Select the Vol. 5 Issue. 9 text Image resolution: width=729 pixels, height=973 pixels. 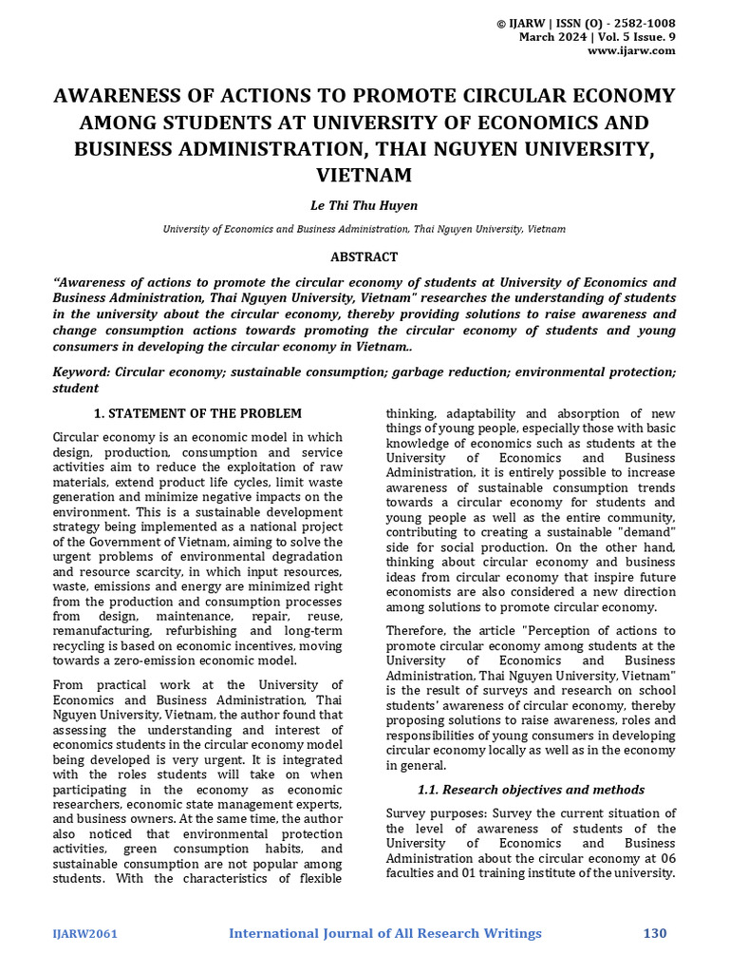[637, 37]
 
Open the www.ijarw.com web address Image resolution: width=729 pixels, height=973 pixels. [631, 51]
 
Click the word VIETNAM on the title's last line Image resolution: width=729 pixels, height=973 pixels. [364, 175]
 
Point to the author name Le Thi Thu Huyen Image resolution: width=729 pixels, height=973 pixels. [364, 205]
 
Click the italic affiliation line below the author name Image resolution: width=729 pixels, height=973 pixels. [364, 229]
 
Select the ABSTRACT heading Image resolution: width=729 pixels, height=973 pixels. [364, 258]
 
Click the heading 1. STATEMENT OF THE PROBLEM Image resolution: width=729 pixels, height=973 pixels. [197, 413]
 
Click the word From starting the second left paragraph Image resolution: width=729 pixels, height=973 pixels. [69, 685]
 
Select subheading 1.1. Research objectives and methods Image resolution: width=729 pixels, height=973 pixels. [531, 790]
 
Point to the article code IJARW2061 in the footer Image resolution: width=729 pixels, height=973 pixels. [84, 934]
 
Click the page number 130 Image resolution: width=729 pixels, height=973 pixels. [655, 933]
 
